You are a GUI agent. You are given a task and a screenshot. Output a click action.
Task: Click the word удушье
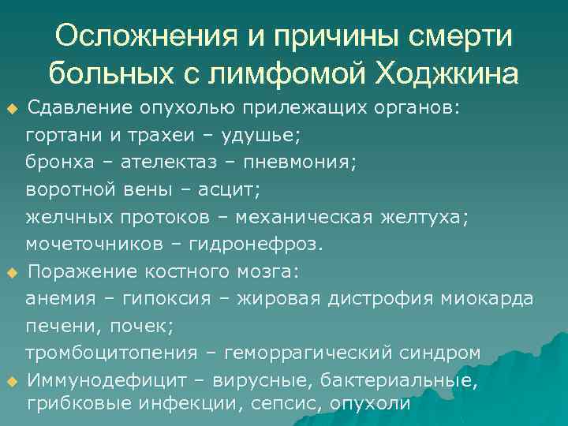click(263, 135)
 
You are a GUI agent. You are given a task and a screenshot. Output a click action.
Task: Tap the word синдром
click(442, 353)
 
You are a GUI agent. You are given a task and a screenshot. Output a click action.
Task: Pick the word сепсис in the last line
click(282, 404)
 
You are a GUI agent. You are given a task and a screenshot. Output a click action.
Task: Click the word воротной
click(68, 189)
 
